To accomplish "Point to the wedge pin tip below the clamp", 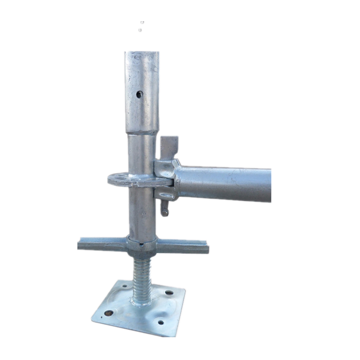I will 165,211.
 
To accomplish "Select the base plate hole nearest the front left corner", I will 109,313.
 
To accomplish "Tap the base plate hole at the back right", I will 169,292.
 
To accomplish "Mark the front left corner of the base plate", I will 93,319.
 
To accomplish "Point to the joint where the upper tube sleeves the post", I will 142,132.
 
